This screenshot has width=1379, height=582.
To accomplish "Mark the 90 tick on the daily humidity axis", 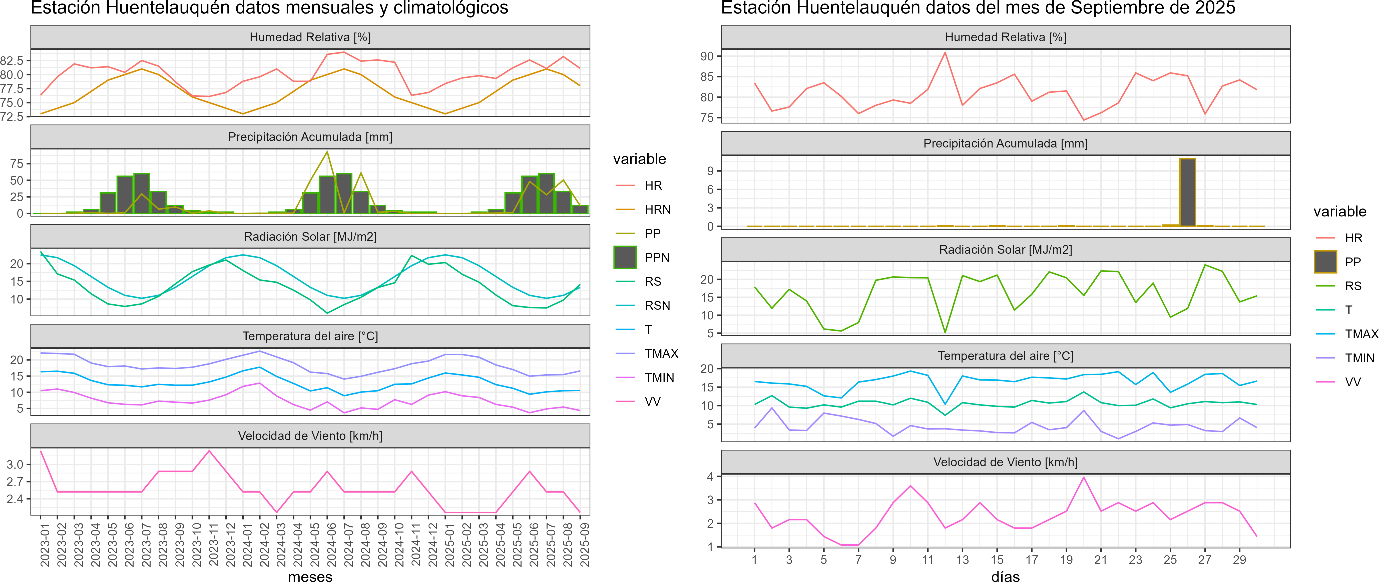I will pos(707,56).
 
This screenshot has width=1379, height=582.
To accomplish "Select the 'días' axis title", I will pos(1005,576).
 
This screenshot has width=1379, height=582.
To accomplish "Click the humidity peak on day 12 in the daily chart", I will pos(945,52).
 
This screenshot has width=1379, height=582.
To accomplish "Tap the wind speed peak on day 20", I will pos(1084,477).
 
